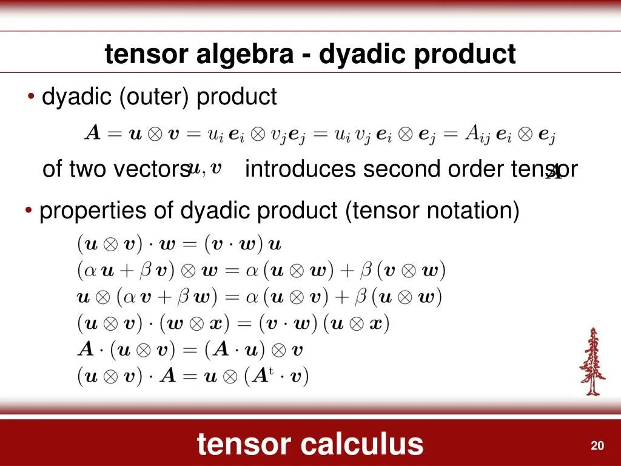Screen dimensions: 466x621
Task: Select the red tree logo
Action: [592, 362]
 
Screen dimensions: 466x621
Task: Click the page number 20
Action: [597, 446]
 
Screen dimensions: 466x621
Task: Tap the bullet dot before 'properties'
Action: [29, 211]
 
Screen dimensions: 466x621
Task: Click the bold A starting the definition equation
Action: [92, 134]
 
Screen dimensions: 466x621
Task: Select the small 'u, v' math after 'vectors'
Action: [204, 168]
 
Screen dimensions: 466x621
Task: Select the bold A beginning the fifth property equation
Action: [86, 350]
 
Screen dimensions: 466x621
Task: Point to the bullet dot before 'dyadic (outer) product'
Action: [31, 97]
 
